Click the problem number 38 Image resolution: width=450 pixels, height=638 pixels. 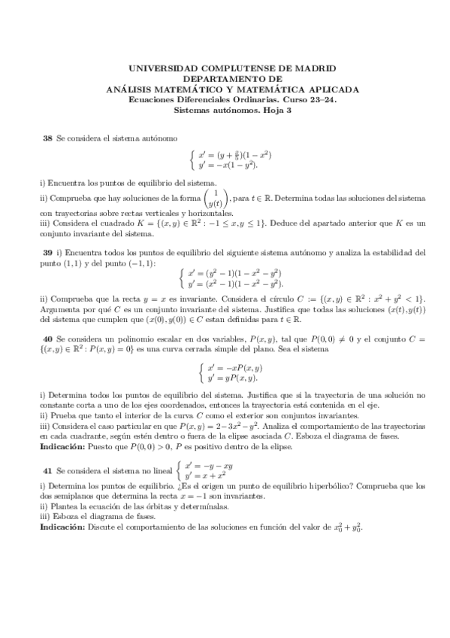tap(48, 138)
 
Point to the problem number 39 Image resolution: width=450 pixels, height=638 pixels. tap(48, 251)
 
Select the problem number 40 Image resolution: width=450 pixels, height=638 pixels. tap(48, 339)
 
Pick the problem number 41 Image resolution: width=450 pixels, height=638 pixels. tap(48, 468)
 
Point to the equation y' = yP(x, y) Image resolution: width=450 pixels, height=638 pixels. tap(233, 378)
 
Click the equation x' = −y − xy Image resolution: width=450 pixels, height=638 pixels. tap(209, 466)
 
